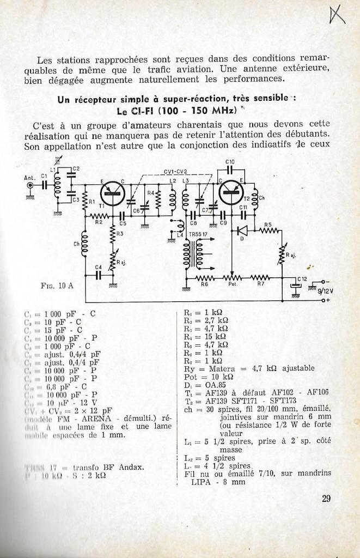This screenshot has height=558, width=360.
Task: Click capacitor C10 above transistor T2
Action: point(230,168)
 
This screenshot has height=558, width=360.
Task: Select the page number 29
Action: point(326,497)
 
